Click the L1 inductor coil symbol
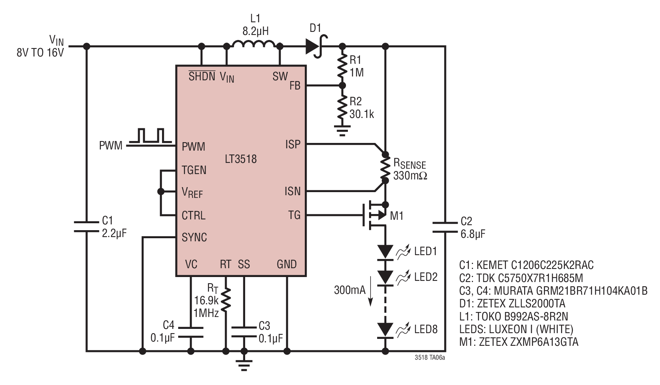(254, 43)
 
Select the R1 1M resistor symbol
(342, 66)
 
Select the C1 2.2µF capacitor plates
(86, 227)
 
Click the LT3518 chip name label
(241, 159)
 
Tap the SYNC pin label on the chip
(194, 237)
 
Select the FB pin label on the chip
(295, 86)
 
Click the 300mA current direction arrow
(371, 293)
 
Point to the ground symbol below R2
(342, 130)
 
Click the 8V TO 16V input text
(40, 52)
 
